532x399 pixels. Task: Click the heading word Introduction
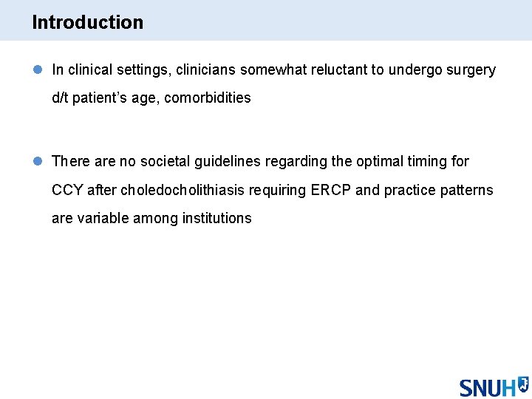(87, 22)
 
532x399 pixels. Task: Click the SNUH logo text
(488, 388)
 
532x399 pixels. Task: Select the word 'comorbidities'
(208, 98)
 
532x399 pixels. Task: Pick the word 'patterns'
(467, 190)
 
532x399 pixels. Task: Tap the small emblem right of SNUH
(522, 383)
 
